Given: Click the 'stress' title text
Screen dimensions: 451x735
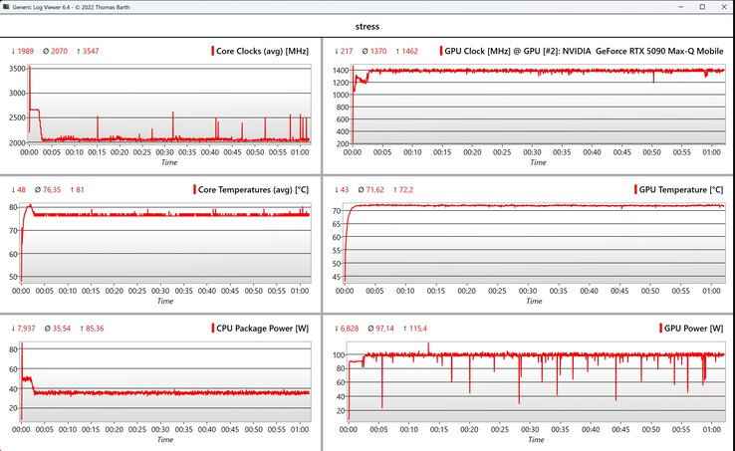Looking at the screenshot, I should tap(367, 27).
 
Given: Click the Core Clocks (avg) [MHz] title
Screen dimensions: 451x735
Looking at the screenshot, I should tap(264, 50).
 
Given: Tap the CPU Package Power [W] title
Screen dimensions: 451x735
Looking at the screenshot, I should tap(262, 328).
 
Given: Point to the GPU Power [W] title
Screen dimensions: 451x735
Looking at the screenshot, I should tap(692, 328).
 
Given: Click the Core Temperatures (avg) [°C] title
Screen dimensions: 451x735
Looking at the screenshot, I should tap(254, 189).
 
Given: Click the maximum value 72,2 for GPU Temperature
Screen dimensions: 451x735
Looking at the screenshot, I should tap(406, 189).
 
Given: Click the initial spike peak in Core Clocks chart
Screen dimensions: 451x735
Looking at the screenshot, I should tap(29, 68).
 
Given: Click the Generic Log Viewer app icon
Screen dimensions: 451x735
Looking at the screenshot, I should tap(8, 7).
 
